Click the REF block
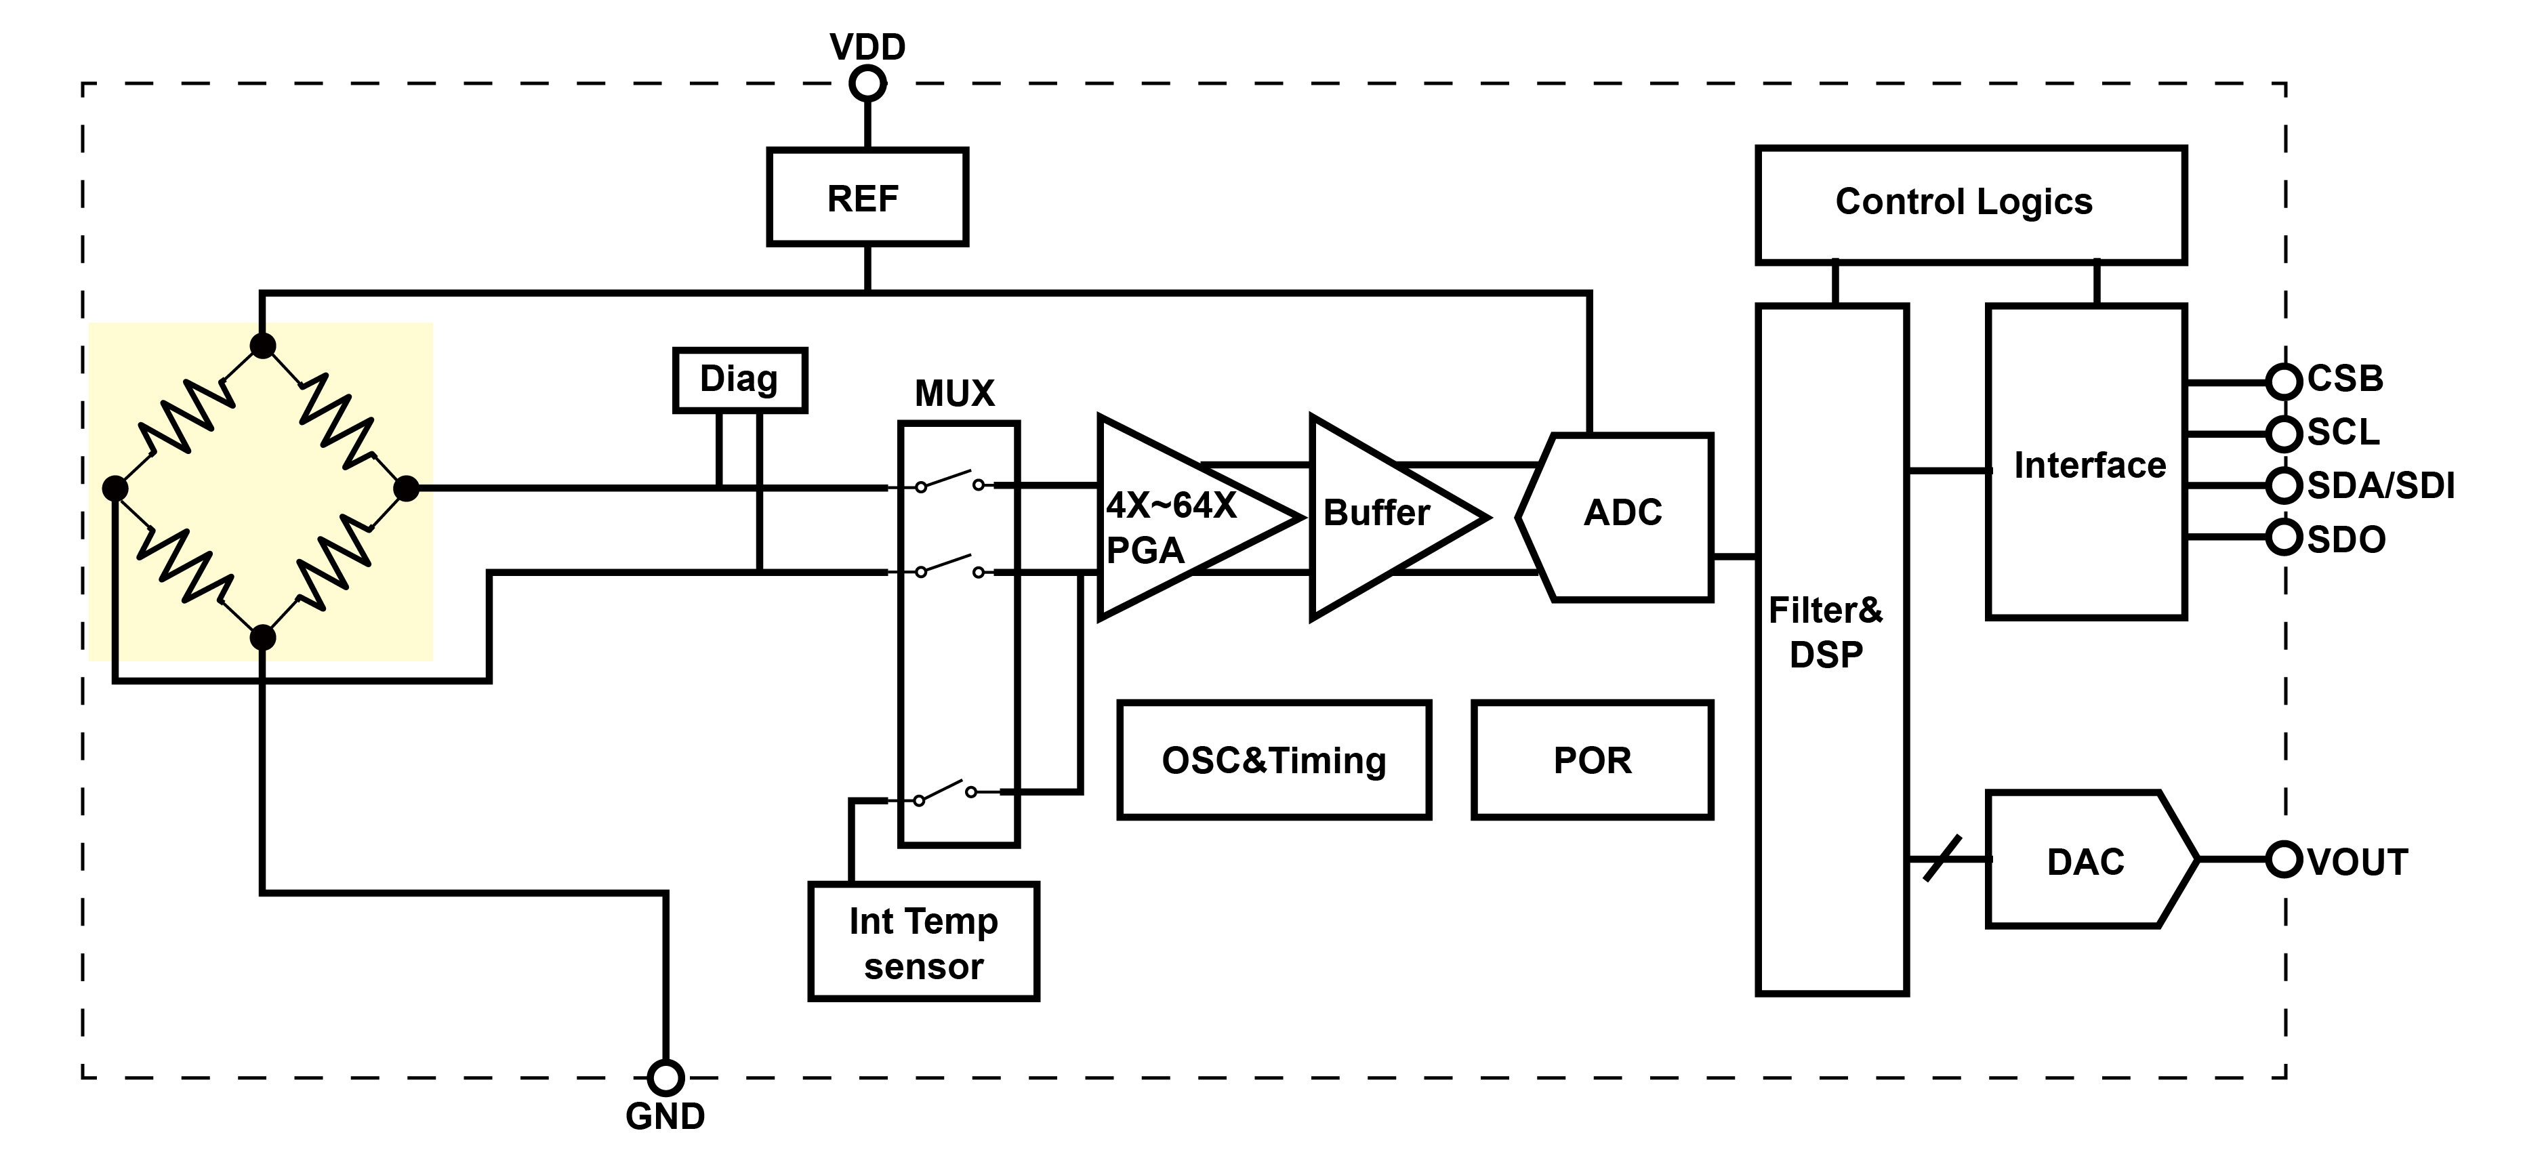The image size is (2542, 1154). [866, 197]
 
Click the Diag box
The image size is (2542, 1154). [739, 379]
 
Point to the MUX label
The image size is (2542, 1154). [954, 394]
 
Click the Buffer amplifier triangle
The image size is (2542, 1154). [1382, 517]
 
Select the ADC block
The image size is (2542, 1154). [1622, 516]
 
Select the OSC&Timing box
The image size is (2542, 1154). [1273, 760]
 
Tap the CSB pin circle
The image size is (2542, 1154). [2283, 381]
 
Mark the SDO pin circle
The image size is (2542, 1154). [2283, 537]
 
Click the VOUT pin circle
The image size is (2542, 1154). [2283, 859]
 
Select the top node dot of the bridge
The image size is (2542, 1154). [262, 345]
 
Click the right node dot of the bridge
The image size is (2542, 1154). [405, 488]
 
